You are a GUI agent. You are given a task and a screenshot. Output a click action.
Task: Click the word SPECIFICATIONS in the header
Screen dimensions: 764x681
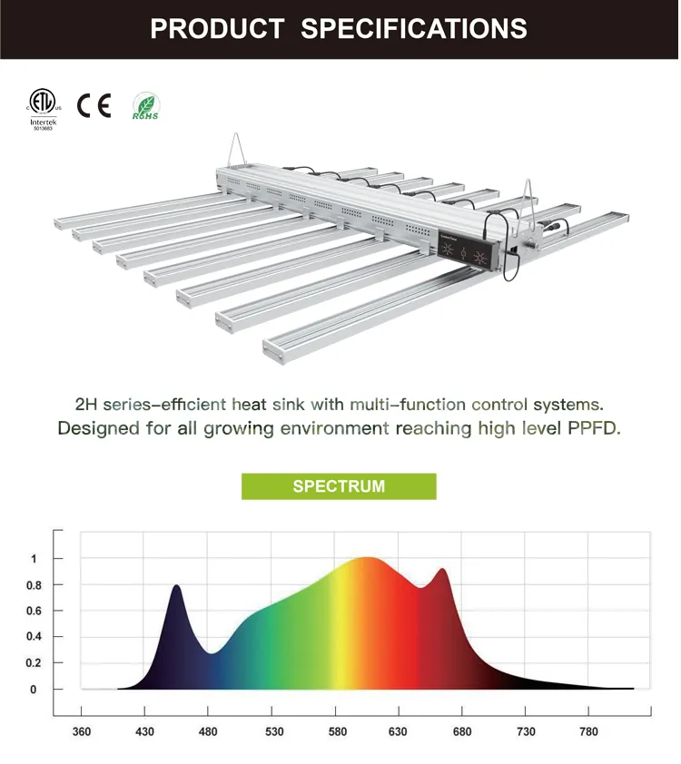click(x=413, y=28)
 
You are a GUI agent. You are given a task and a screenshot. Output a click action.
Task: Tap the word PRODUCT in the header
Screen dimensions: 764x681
click(x=217, y=28)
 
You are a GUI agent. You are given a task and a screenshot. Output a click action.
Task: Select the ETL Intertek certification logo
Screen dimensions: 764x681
click(x=42, y=108)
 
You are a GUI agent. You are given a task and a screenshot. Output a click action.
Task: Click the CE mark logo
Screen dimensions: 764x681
click(x=94, y=106)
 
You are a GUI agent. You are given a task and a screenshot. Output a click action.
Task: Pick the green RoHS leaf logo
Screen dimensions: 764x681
click(x=145, y=106)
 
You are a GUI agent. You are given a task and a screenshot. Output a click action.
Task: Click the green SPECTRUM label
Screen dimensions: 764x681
click(x=339, y=486)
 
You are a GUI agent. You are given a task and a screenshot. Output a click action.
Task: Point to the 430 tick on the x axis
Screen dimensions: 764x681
click(x=144, y=732)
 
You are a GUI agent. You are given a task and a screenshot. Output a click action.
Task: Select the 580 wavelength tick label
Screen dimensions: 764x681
click(x=338, y=732)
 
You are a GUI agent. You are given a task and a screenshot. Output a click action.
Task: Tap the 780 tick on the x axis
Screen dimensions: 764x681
click(x=589, y=732)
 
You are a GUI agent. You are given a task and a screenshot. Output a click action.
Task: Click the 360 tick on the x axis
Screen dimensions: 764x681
click(x=81, y=732)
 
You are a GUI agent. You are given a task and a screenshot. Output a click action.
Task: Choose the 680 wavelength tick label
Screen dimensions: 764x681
click(x=462, y=732)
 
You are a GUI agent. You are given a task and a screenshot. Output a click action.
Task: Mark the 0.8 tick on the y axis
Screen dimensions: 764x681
click(x=34, y=585)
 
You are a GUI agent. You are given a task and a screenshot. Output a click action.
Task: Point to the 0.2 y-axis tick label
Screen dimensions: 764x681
click(x=34, y=663)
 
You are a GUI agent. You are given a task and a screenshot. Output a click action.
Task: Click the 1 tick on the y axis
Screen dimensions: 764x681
click(x=34, y=559)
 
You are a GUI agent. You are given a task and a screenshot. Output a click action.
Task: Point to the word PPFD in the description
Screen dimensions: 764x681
click(x=593, y=427)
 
